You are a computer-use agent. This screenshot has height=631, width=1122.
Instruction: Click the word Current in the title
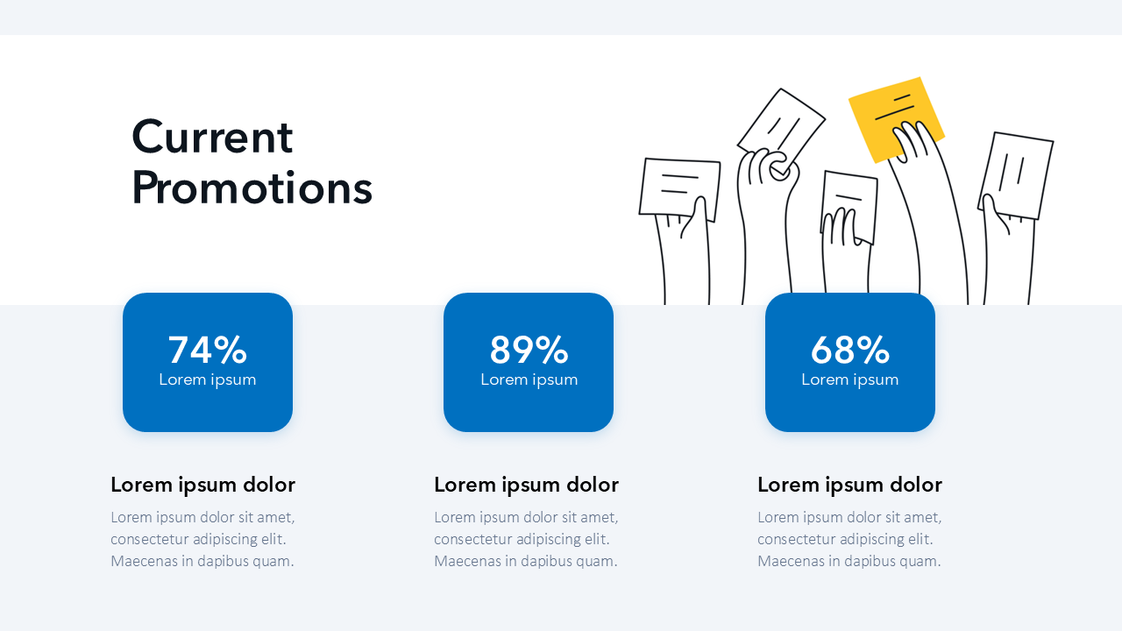(x=212, y=136)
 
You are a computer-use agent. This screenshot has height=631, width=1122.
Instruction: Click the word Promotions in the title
(x=252, y=188)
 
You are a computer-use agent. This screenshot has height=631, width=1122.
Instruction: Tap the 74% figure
(x=208, y=350)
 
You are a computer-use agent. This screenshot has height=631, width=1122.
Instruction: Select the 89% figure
(x=529, y=350)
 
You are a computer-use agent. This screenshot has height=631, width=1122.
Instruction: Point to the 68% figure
(x=850, y=350)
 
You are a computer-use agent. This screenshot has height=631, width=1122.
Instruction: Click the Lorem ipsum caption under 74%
(x=208, y=379)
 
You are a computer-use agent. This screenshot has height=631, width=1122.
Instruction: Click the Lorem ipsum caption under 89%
(x=529, y=379)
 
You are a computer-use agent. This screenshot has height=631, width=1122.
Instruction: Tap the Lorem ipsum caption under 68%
(x=850, y=379)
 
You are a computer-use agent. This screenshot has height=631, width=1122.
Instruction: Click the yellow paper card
(x=882, y=108)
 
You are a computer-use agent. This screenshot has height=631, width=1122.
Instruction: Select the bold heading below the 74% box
(x=202, y=485)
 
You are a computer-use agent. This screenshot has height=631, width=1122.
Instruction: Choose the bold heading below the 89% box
(x=527, y=485)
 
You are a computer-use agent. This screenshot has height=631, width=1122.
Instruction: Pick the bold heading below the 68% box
(x=849, y=485)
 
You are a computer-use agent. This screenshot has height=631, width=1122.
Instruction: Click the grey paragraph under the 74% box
(x=202, y=539)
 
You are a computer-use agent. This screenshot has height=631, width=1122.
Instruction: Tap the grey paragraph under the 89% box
(x=527, y=539)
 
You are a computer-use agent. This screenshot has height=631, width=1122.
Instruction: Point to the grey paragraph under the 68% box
(x=849, y=539)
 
